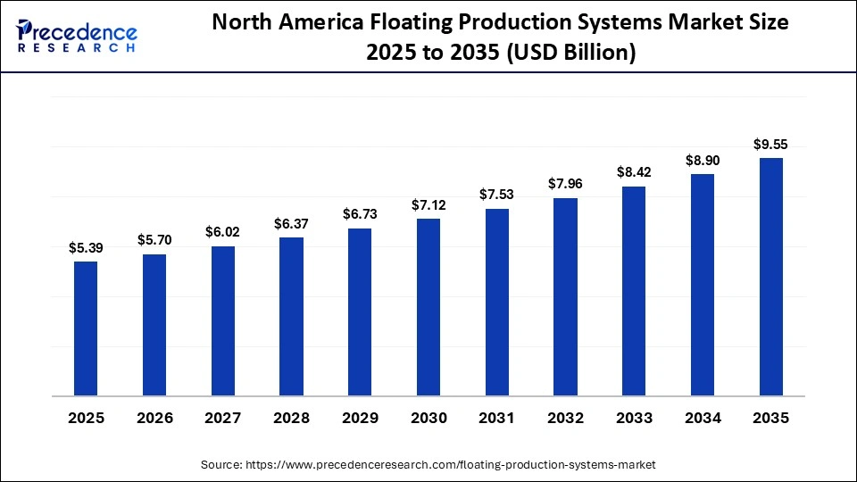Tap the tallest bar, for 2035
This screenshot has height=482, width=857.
tap(771, 276)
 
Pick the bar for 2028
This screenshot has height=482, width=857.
tap(291, 316)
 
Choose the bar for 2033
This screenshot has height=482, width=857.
tap(634, 290)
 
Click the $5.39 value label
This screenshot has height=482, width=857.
tap(86, 248)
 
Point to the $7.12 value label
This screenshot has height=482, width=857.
tap(428, 205)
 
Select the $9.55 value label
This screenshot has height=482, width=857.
tap(771, 145)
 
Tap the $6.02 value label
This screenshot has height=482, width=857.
tap(223, 232)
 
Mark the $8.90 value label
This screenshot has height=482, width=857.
tap(703, 161)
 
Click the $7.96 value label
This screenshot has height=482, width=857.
tap(565, 185)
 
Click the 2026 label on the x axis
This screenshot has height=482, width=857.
tap(154, 418)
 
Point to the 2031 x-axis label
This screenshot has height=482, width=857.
tap(497, 418)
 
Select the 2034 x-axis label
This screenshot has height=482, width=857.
tap(703, 418)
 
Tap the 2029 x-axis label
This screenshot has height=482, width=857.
tap(360, 418)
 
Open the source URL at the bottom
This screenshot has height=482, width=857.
tap(452, 464)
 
